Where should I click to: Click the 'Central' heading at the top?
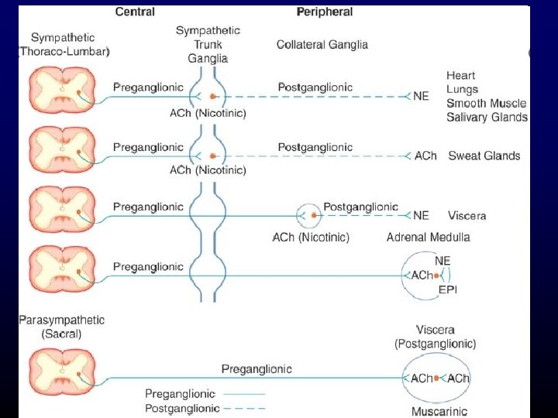point(135,12)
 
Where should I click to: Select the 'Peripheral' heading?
point(325,12)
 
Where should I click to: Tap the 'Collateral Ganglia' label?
point(322,45)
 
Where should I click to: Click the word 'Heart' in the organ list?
point(461,75)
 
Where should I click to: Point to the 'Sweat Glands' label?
point(484,156)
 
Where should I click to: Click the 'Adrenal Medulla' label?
point(428,237)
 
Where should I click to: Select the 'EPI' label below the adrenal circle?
point(449,290)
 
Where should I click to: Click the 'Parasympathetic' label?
point(62,320)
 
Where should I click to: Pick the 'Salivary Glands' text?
point(487,118)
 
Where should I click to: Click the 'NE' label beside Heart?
point(422,96)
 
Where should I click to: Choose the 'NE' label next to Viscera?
point(422,215)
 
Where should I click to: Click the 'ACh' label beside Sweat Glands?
point(425,156)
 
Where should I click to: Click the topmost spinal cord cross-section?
point(62,88)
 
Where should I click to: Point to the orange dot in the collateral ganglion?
point(312,216)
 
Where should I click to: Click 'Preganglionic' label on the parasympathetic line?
point(257,368)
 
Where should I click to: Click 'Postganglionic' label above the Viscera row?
point(360,207)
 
